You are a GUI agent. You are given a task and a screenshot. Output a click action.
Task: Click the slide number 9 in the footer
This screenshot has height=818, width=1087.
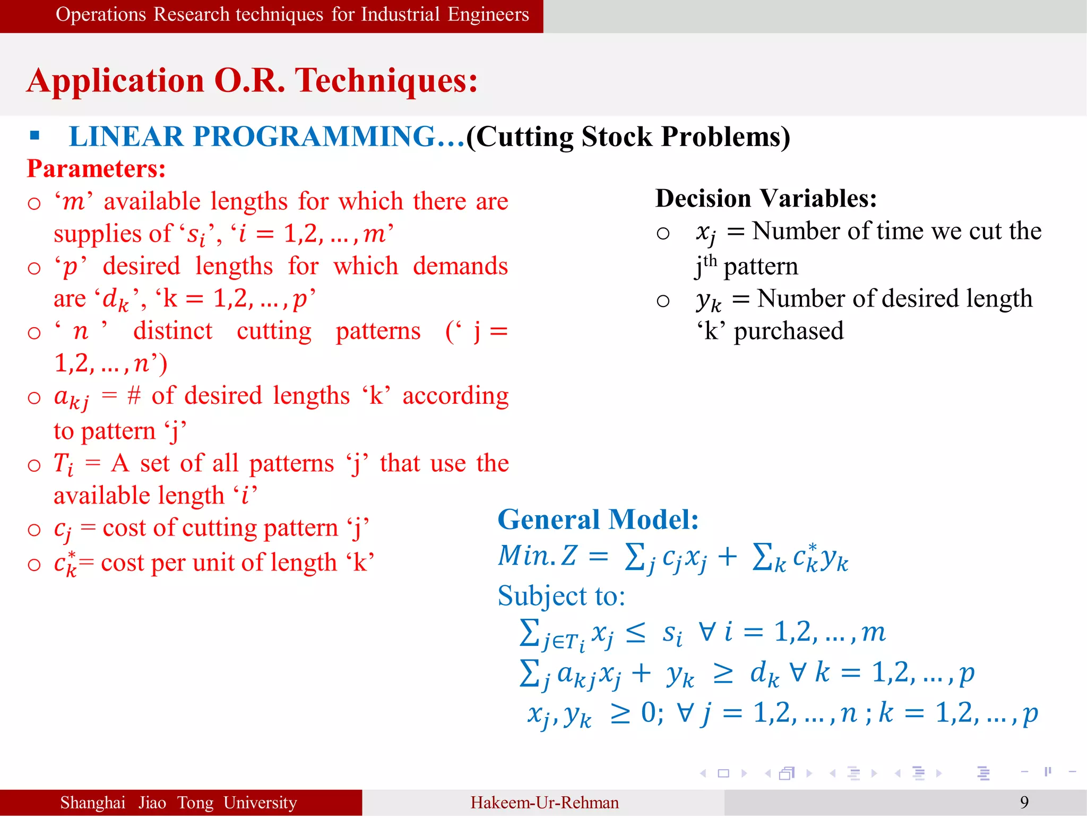tap(1024, 802)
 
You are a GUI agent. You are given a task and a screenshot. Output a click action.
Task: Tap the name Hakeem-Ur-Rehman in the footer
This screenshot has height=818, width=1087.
tap(544, 803)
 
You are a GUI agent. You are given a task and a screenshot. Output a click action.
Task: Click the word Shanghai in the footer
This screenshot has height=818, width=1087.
tap(93, 803)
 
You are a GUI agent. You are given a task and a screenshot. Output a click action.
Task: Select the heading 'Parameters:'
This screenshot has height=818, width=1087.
tap(96, 169)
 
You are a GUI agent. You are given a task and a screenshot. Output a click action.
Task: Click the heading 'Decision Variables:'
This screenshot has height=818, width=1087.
tap(766, 199)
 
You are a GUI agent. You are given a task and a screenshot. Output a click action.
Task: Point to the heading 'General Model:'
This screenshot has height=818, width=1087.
tap(598, 519)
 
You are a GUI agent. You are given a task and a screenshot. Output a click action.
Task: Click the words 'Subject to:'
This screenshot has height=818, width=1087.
tap(561, 596)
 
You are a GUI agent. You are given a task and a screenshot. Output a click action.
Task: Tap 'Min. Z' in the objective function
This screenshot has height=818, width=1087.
tap(537, 556)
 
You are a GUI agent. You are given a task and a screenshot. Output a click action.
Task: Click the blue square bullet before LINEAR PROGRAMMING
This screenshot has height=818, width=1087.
tap(35, 135)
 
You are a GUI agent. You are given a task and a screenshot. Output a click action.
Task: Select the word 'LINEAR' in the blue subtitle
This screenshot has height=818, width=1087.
tap(126, 137)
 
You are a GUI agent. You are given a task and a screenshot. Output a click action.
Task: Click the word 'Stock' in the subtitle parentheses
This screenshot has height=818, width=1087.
tap(616, 137)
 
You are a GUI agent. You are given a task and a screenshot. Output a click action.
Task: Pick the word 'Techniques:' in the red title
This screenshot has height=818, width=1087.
tap(386, 81)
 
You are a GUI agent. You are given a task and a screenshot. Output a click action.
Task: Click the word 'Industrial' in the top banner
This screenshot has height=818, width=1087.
tap(400, 14)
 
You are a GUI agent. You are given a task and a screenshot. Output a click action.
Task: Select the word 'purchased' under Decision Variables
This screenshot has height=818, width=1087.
tap(788, 331)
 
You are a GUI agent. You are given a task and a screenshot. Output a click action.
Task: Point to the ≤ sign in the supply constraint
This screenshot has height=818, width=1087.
tap(635, 633)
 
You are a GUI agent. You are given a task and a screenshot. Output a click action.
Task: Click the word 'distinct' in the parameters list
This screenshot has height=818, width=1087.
tap(172, 331)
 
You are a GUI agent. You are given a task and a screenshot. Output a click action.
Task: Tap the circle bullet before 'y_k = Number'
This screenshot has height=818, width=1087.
tap(663, 301)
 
